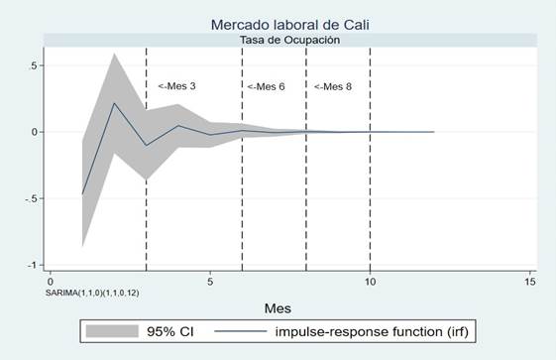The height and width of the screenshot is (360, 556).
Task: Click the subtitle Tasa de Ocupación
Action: click(x=289, y=41)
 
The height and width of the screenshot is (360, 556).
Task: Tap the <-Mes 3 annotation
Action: click(x=176, y=87)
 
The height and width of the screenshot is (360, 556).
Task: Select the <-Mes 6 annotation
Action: click(x=266, y=87)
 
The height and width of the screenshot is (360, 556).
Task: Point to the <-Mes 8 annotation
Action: click(x=332, y=87)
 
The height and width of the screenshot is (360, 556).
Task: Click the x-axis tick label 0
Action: click(x=50, y=282)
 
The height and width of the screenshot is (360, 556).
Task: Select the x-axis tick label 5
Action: click(x=210, y=282)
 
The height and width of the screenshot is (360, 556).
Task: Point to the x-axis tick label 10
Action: click(x=370, y=282)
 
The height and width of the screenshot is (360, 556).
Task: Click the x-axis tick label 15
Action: click(x=530, y=282)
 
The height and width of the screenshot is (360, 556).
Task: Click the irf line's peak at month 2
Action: click(x=114, y=103)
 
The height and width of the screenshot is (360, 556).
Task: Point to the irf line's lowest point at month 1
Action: click(x=82, y=194)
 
